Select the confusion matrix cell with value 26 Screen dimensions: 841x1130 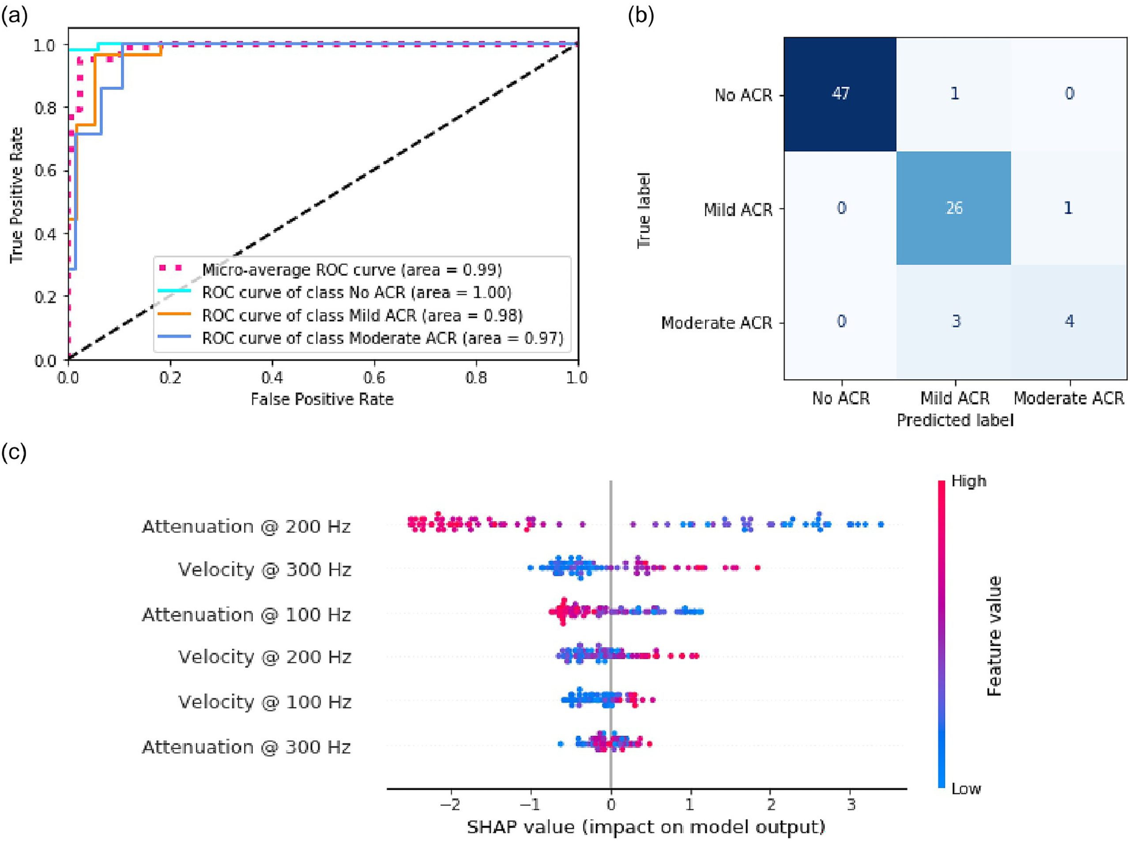click(x=954, y=208)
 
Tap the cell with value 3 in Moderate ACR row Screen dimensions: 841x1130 click(x=956, y=321)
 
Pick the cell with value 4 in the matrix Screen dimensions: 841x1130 click(x=1069, y=321)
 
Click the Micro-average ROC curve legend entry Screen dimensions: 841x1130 click(x=351, y=269)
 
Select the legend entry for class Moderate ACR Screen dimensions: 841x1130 click(x=382, y=338)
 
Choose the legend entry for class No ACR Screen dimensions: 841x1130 click(x=357, y=292)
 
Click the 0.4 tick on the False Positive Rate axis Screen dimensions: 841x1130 click(x=272, y=378)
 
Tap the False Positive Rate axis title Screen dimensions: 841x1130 click(x=322, y=399)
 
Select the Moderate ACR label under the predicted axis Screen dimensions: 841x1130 click(x=1068, y=398)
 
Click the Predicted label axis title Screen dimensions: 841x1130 click(x=955, y=420)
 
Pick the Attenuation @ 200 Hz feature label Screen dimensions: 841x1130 click(x=246, y=526)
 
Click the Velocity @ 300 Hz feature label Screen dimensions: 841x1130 click(x=264, y=569)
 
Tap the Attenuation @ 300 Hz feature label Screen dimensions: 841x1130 click(x=246, y=747)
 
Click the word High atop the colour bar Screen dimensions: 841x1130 click(x=968, y=481)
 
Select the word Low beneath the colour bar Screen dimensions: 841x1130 click(x=965, y=788)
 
